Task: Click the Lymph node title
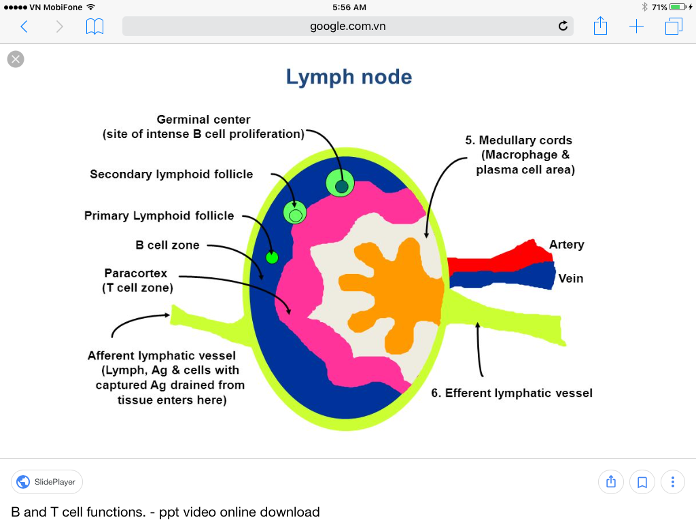tap(349, 77)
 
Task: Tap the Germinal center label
tap(203, 120)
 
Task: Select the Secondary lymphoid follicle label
tap(171, 174)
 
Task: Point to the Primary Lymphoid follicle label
tap(159, 215)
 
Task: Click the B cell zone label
tap(167, 245)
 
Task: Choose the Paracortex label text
tap(136, 273)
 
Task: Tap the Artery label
tap(566, 245)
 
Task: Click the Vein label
tap(570, 278)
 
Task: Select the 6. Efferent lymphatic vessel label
tap(511, 393)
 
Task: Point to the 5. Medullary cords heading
tap(519, 140)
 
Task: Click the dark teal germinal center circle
tap(341, 186)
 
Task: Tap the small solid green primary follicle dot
tap(272, 257)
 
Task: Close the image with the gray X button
tap(16, 59)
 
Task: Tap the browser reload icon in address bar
tap(563, 27)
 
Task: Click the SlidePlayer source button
tap(47, 482)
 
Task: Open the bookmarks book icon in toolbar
tap(94, 27)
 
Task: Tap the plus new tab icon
tap(636, 27)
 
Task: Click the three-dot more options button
tap(672, 482)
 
